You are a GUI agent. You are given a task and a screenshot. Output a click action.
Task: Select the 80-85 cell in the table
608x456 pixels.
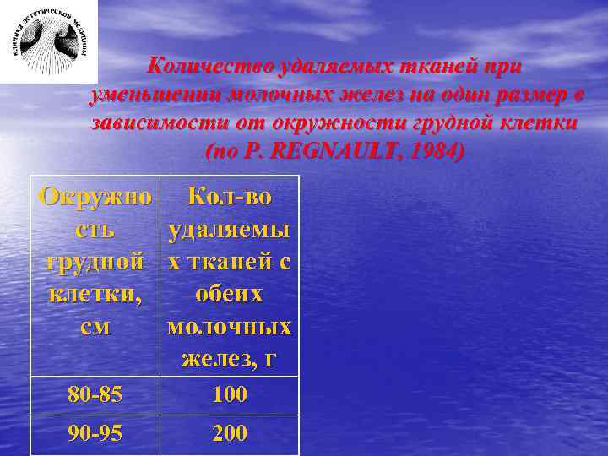[95, 394]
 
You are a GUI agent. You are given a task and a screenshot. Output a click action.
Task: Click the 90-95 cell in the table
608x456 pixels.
[95, 433]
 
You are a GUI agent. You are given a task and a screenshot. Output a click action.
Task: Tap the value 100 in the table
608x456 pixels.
[230, 394]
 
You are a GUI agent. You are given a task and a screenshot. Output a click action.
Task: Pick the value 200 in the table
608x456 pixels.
[230, 433]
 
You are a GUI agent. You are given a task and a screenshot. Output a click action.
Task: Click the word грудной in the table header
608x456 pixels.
[95, 262]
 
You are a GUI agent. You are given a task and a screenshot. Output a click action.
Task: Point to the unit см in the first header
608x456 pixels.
[95, 327]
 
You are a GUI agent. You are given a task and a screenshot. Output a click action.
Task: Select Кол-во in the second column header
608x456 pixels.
[230, 197]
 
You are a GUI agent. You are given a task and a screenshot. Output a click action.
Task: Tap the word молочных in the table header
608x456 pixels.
[230, 327]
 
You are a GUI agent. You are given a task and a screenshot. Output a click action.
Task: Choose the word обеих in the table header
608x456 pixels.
[230, 294]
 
